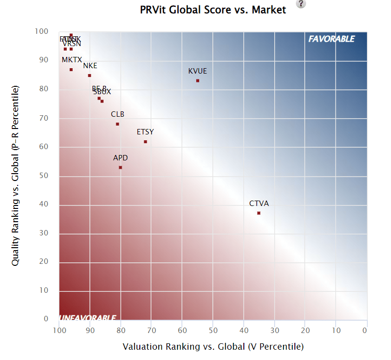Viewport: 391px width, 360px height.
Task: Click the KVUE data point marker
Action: tap(198, 80)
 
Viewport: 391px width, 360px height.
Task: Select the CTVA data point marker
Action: tap(259, 213)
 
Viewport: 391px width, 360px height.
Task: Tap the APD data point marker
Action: tap(120, 167)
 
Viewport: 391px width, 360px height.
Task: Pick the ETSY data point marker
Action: tap(145, 142)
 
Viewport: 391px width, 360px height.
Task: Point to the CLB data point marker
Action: tap(117, 124)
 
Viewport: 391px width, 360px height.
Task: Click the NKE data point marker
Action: tap(89, 76)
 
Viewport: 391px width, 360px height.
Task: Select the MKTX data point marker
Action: tap(71, 70)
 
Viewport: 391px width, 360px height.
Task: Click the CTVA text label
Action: tap(259, 204)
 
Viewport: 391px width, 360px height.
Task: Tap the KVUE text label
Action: tap(198, 71)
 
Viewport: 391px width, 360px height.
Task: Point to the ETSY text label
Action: tap(145, 132)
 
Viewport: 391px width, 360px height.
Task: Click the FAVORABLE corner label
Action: tap(331, 39)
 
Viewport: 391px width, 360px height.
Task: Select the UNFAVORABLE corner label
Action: tap(88, 318)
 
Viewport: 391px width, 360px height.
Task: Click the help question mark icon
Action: tap(301, 4)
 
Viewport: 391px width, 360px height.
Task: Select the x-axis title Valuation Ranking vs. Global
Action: tap(213, 347)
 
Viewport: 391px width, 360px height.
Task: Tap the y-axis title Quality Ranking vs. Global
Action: tap(15, 176)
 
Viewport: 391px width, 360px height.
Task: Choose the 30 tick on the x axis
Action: tap(274, 331)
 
